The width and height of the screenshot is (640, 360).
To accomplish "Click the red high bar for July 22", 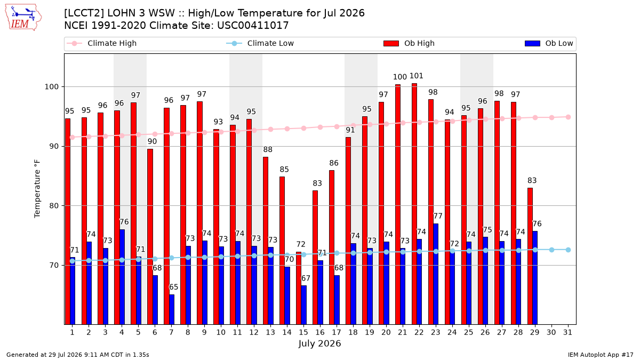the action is (414, 204).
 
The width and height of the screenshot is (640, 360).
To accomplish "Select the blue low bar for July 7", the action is (172, 310).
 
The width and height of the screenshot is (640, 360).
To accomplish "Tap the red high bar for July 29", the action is (530, 257).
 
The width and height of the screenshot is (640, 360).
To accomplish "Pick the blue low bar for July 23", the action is (436, 274).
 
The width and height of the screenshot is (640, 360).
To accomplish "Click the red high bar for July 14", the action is (282, 251).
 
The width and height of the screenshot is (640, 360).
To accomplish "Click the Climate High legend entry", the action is (102, 43).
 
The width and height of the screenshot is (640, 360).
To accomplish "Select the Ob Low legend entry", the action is (549, 43).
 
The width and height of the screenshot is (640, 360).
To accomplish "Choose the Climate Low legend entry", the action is (260, 43).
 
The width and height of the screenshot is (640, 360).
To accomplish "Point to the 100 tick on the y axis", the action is (52, 86).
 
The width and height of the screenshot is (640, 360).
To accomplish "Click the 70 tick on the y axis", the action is (54, 266).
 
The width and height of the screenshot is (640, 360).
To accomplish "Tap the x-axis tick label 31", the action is (567, 333).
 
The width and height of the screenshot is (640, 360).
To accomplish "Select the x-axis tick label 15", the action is (303, 333).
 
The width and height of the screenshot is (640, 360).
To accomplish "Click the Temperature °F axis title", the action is (37, 189).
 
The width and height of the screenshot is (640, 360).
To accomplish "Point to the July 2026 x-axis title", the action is (319, 343).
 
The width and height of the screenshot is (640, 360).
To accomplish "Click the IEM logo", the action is (23, 18).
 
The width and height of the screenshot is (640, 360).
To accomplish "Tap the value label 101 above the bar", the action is (417, 76).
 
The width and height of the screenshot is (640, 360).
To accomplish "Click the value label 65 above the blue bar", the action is (174, 287).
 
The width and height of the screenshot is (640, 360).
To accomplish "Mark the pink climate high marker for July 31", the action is (569, 117).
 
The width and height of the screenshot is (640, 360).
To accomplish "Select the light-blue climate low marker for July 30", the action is (551, 250).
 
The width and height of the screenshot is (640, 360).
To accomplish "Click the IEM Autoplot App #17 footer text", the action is (601, 355).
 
